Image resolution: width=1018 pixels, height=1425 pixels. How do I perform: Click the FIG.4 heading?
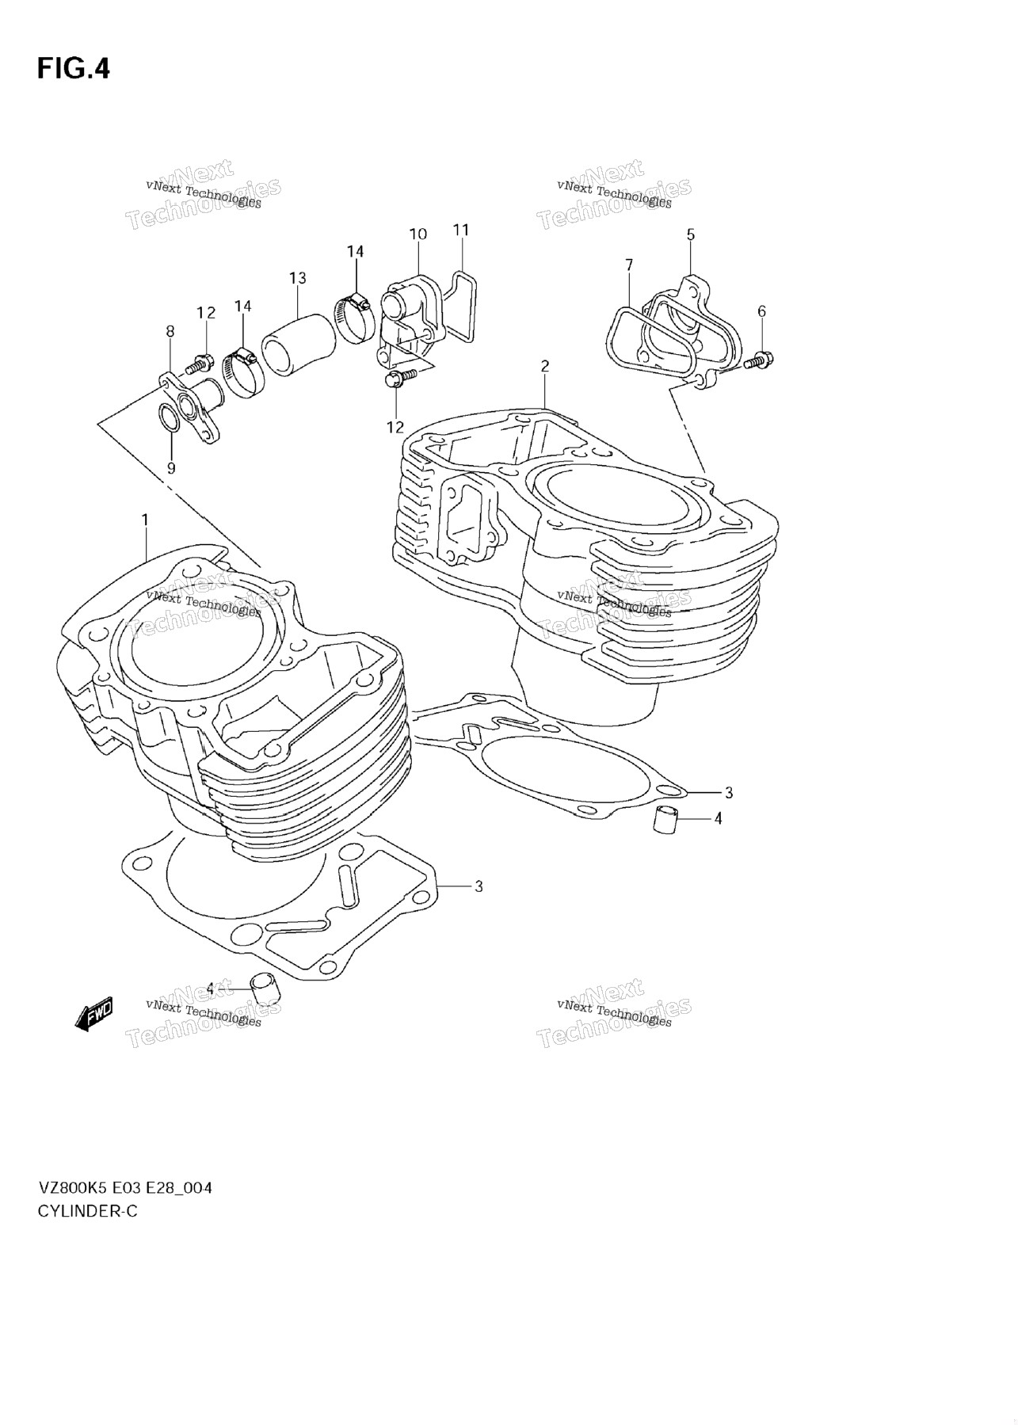73,69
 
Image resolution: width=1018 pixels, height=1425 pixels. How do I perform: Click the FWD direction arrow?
94,1014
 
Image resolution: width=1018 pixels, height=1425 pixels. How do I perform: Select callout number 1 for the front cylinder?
145,520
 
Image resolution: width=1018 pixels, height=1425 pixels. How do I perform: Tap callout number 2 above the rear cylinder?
545,366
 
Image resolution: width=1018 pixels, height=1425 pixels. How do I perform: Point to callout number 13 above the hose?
297,278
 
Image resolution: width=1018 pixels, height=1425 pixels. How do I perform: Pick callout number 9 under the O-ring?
171,468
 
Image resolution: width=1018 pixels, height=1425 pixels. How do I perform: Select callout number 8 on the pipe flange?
170,332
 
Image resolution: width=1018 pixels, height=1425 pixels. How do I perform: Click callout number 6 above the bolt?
761,311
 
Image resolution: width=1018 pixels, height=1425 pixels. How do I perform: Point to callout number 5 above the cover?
690,234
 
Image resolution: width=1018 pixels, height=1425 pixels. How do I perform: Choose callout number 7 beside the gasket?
629,264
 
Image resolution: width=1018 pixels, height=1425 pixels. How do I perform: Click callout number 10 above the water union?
417,234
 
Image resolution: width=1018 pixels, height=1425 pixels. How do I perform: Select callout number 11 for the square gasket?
461,230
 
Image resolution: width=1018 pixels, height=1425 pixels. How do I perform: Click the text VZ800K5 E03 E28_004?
124,1188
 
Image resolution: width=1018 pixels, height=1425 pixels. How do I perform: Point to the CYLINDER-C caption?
87,1211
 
